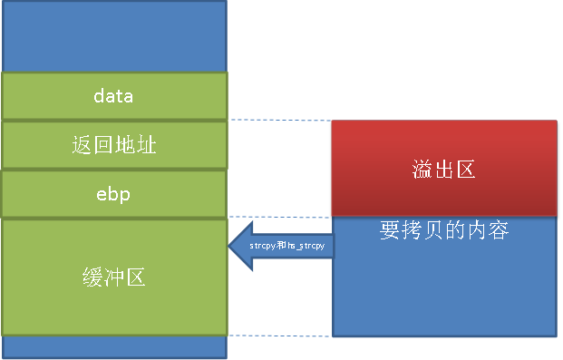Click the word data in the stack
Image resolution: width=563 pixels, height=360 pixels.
click(113, 95)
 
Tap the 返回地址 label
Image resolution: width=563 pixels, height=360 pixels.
click(113, 144)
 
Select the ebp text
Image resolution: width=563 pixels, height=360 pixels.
click(113, 194)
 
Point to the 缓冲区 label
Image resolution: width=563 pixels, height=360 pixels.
click(113, 277)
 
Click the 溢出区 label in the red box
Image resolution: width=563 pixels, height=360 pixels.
click(443, 170)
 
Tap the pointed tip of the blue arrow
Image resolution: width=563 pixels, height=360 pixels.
click(229, 246)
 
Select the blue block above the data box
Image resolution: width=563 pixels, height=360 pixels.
click(114, 36)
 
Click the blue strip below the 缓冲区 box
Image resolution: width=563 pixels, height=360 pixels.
click(114, 347)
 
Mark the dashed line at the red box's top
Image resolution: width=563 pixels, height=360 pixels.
click(279, 120)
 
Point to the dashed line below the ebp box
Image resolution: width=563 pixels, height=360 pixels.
click(279, 217)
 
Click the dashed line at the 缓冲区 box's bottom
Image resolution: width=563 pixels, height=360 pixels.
click(279, 336)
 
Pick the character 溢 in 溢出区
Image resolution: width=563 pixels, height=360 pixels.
click(422, 170)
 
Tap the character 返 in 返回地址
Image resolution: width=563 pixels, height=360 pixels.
click(81, 144)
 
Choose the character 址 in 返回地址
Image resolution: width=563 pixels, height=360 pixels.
click(147, 144)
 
